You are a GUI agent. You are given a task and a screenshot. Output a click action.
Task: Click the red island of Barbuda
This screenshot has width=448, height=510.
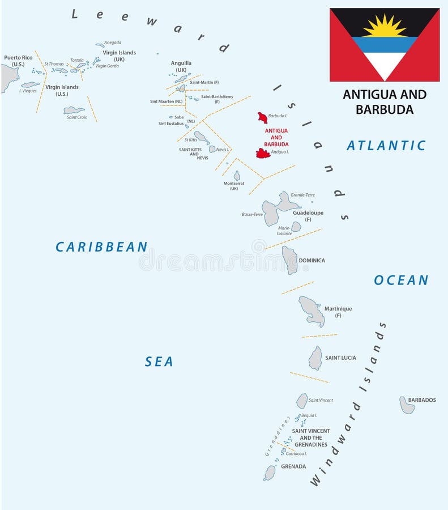click(x=262, y=118)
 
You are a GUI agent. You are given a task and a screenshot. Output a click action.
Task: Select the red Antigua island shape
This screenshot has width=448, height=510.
click(x=263, y=153)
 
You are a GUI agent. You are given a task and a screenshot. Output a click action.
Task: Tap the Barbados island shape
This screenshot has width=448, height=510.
click(x=407, y=405)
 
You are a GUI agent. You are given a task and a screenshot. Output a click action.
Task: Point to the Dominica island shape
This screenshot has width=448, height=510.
click(x=290, y=260)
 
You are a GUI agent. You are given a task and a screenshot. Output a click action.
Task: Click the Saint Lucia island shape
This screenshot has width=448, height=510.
click(x=315, y=358)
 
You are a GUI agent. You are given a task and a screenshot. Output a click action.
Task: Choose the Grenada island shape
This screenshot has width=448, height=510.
click(x=270, y=473)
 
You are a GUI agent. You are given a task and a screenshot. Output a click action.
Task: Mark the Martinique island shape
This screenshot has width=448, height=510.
click(x=312, y=311)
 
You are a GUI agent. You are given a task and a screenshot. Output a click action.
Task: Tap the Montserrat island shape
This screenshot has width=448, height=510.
click(x=237, y=176)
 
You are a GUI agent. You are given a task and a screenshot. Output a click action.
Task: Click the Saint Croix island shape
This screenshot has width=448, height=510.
click(x=74, y=110)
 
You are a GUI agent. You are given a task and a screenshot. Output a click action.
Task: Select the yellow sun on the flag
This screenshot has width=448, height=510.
click(x=385, y=26)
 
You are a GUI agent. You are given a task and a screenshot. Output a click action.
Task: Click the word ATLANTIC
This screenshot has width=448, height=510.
click(x=386, y=146)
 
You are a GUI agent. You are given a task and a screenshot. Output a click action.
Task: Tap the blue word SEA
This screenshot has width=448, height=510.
click(x=159, y=362)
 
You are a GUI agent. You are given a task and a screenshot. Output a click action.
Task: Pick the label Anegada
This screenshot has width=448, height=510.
click(x=113, y=42)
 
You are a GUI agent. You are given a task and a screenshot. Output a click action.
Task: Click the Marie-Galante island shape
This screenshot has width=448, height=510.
click(x=296, y=227)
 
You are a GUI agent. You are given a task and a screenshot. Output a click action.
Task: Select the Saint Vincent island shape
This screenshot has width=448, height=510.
click(x=302, y=401)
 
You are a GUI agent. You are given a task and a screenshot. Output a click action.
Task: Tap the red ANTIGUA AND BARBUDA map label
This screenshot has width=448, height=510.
click(x=276, y=137)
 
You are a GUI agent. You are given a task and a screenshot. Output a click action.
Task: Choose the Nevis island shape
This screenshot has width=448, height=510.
click(x=212, y=149)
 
